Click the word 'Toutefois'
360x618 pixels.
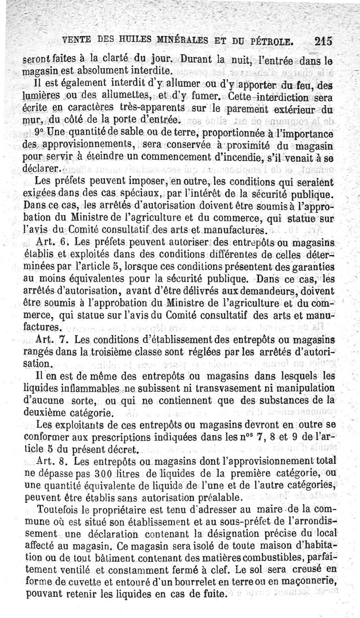(x=57, y=511)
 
